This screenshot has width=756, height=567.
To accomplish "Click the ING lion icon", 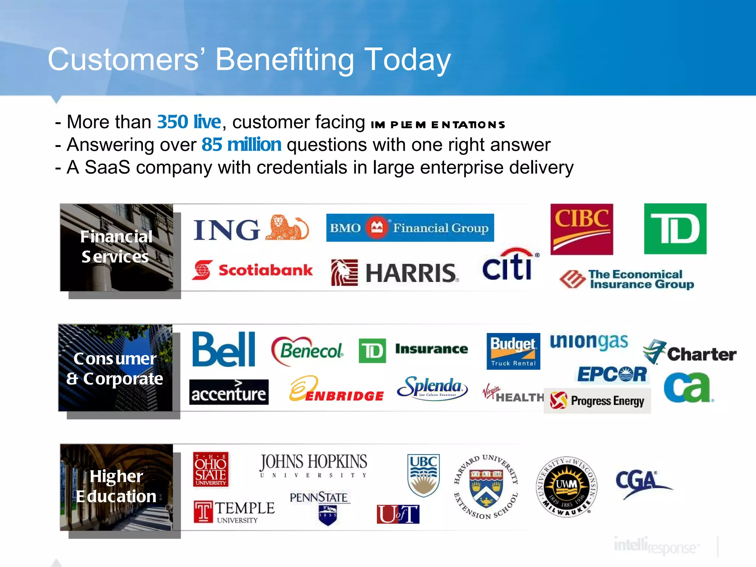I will pos(287,228).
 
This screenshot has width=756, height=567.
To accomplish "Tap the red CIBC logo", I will pos(581,229).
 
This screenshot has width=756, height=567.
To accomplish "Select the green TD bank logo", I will pos(675,229).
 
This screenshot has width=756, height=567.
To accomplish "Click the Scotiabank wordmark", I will pos(265,270).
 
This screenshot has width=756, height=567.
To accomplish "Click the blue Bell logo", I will pos(224,349).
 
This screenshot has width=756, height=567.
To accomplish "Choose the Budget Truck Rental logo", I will pos(513,351).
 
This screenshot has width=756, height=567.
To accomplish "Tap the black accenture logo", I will pos(229,392).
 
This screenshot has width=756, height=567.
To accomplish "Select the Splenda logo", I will pos(432,387).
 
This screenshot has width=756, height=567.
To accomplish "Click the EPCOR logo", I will pos(612,374).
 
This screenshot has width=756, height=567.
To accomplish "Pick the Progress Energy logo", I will pos(597,401).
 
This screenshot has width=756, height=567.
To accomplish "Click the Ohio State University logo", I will pos(211,469).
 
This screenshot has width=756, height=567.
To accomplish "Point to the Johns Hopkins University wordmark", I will pos(313,465).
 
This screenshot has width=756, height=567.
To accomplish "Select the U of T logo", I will pos(398,514).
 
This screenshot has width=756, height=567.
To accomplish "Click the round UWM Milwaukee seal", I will pos(566,487).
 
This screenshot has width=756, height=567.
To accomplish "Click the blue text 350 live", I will pos(189,122).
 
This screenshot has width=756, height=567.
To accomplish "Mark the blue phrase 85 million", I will pos(241,145).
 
